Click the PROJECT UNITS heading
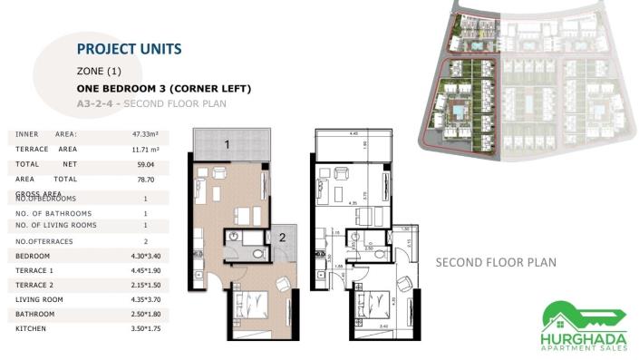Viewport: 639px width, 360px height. click(x=129, y=49)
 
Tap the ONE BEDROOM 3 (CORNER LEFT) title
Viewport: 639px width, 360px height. click(x=163, y=89)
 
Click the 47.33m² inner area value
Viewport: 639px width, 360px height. click(x=145, y=134)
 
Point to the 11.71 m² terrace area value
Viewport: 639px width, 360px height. click(x=145, y=150)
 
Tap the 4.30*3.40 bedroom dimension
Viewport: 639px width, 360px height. click(x=145, y=257)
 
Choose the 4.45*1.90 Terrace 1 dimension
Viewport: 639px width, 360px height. click(x=145, y=271)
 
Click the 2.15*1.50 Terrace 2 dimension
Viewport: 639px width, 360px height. click(x=145, y=286)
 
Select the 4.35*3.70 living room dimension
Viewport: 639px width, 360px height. click(x=145, y=300)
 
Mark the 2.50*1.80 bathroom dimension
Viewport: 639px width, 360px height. click(x=145, y=315)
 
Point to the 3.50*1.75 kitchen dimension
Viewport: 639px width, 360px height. click(x=145, y=329)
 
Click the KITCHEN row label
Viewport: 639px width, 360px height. click(x=33, y=329)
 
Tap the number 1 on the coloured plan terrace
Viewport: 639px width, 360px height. click(x=228, y=143)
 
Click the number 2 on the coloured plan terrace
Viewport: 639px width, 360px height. click(x=282, y=237)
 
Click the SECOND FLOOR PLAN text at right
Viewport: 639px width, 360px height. click(x=495, y=263)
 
